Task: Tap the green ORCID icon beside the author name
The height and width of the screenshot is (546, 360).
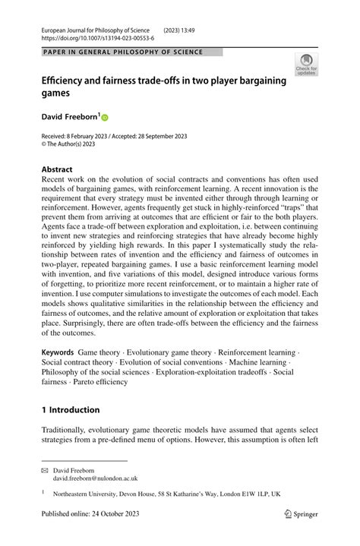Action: click(x=104, y=118)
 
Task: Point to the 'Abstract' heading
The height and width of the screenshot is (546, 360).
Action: click(x=58, y=169)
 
